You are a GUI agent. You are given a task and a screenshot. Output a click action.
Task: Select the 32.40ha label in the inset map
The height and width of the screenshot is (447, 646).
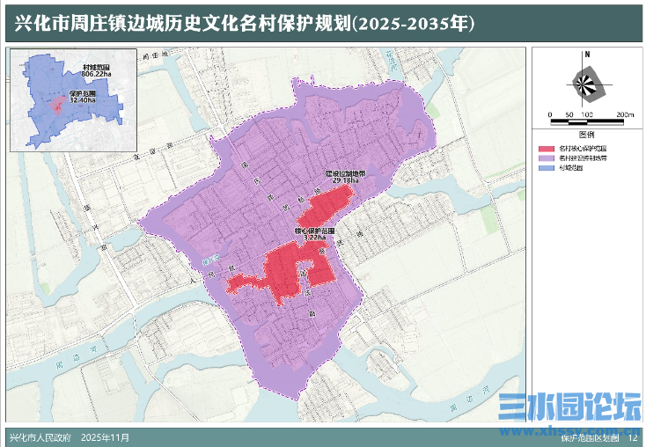coord(82,99)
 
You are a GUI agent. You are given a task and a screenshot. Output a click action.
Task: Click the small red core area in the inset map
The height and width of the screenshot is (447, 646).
coord(58,106)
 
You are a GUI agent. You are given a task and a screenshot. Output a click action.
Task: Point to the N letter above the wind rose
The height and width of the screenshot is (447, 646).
coord(586,55)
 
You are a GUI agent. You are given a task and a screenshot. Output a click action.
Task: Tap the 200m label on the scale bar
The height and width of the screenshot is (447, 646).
coord(624,115)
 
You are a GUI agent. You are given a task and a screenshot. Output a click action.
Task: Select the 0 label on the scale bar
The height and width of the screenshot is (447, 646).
coord(549,115)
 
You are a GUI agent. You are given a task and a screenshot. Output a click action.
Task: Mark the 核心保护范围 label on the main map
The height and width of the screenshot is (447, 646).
coord(314,231)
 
